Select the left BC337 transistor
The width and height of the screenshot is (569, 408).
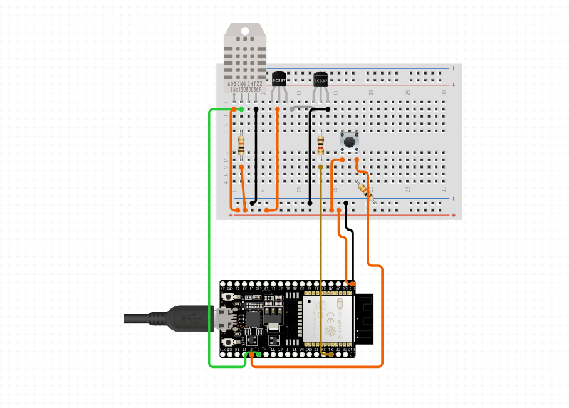point(279,80)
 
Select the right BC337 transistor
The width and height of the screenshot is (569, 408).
point(320,80)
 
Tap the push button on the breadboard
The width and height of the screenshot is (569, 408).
point(349,142)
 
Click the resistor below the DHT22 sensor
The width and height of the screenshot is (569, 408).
point(242,143)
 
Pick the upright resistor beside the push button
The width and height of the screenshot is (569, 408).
point(321,144)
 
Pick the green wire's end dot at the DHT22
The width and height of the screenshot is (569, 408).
point(241,109)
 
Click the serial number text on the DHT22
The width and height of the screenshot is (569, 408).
point(244,89)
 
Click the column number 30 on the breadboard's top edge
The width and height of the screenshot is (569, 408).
point(444,93)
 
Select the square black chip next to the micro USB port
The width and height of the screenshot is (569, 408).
point(254,318)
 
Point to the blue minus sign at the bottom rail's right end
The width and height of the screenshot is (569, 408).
point(454,199)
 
